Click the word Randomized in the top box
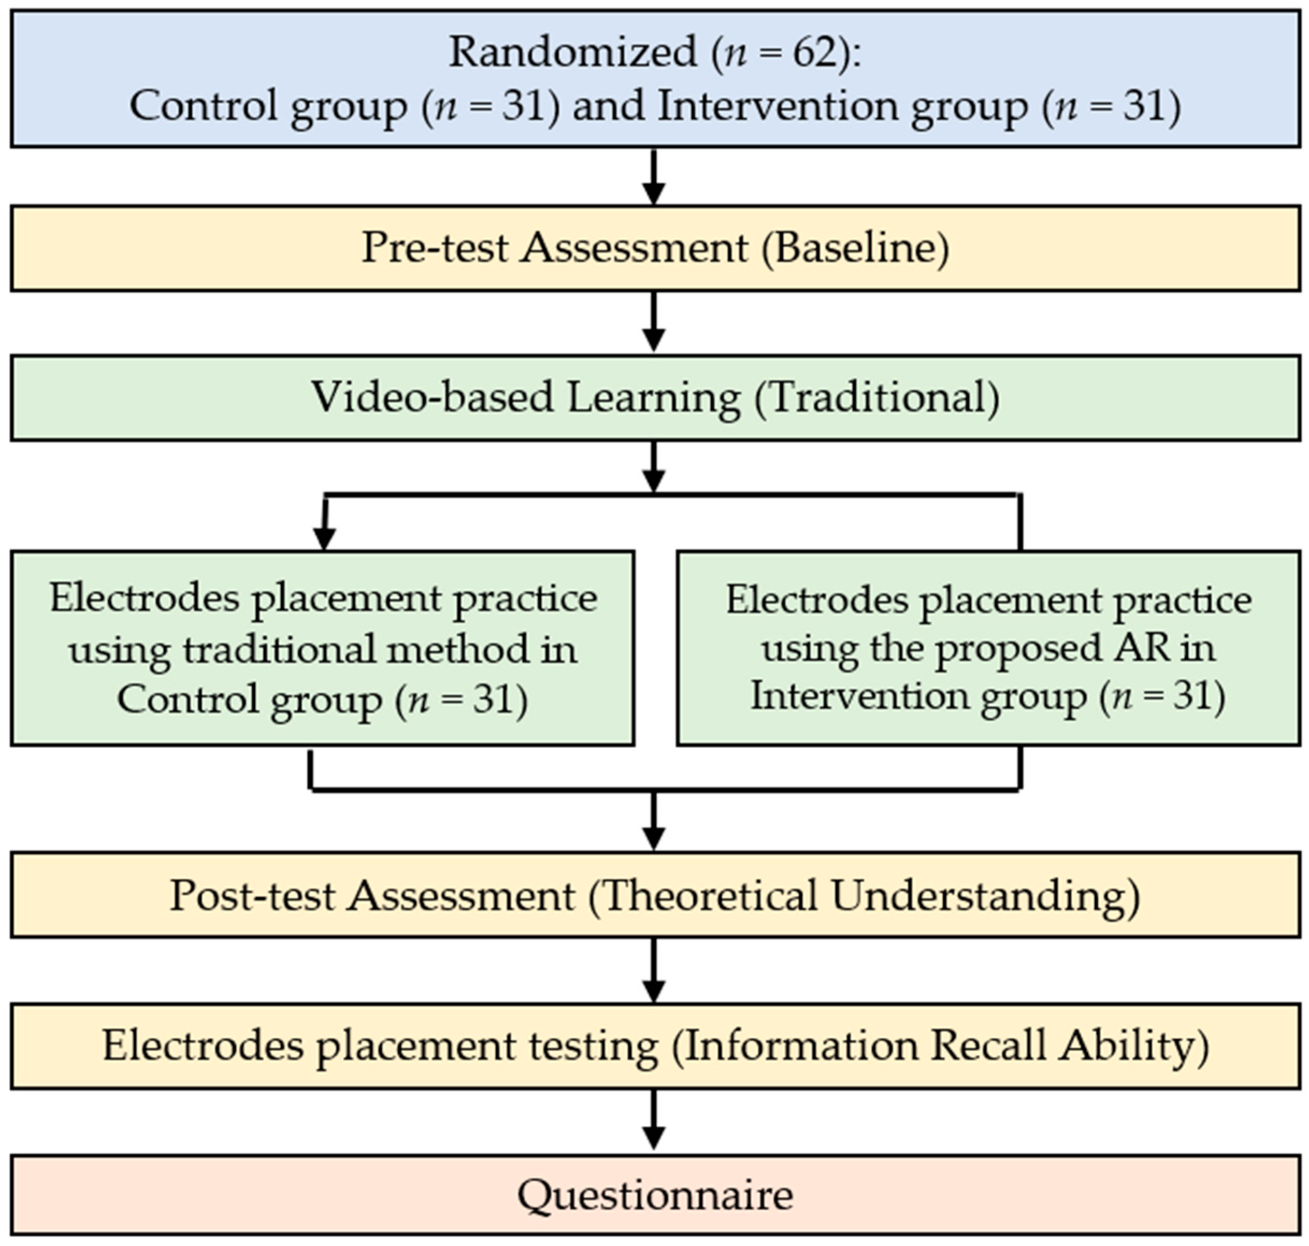coord(573,52)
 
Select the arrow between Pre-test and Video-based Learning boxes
coord(654,323)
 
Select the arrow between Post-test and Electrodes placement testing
coord(654,970)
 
